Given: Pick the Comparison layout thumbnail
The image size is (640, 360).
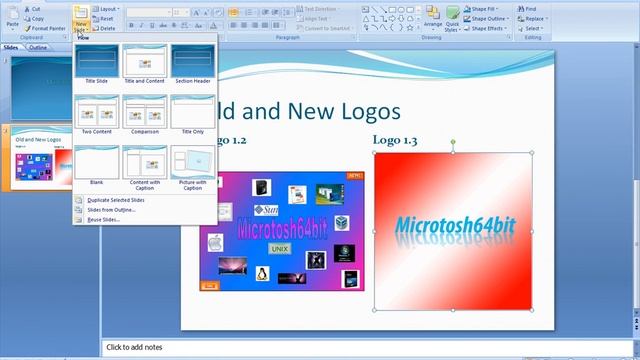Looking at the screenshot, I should tap(144, 113).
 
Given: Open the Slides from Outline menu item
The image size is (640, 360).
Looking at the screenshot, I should tap(111, 210).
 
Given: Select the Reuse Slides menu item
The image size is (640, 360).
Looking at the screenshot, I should tap(103, 220).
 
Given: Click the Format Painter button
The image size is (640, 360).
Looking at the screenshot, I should tap(47, 29).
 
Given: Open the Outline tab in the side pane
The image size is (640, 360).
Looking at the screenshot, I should tap(38, 47).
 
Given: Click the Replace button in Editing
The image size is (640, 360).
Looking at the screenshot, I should tap(534, 18).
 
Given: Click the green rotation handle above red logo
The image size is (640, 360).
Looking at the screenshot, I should tap(453, 143).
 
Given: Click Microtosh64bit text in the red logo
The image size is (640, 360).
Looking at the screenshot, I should tap(454, 226).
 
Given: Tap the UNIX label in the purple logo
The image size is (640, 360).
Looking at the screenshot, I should tap(281, 248).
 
